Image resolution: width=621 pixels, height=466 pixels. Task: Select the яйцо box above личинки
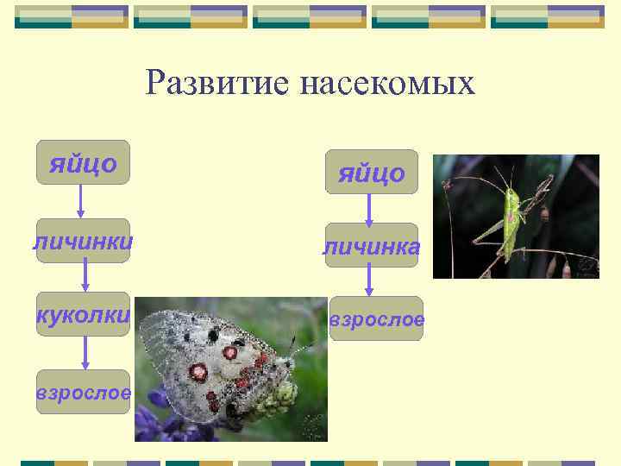click(83, 162)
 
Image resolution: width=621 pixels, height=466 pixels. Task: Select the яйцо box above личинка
click(371, 172)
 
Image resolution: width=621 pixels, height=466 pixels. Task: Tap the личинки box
click(83, 241)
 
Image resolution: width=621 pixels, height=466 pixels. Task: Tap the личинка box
click(371, 247)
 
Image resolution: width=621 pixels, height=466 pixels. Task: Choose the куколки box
click(83, 314)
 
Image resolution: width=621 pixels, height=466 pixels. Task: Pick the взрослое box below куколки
click(83, 392)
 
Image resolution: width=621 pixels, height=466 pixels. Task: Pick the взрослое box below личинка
click(376, 318)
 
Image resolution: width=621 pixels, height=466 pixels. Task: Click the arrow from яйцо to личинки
click(81, 201)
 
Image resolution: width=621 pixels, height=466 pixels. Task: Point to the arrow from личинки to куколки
click(85, 277)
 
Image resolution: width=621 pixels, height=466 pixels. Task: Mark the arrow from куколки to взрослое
click(85, 352)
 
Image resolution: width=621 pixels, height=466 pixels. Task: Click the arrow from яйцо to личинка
click(369, 209)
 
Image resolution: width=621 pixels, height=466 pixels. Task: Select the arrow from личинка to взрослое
click(369, 280)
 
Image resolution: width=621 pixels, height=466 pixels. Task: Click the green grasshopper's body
click(511, 223)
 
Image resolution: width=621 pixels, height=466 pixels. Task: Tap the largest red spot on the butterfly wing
click(198, 372)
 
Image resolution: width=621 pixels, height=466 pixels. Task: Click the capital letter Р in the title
click(156, 83)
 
